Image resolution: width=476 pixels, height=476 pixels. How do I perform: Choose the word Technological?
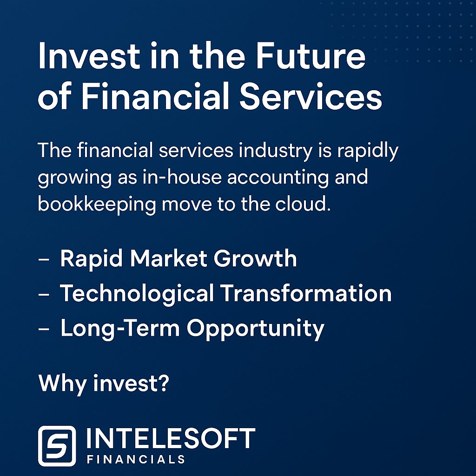[x=137, y=294]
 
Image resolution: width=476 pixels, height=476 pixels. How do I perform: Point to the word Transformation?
[x=306, y=294]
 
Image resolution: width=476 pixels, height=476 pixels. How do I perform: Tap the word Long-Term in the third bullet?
[x=120, y=329]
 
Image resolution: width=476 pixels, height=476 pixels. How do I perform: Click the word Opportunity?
[x=256, y=329]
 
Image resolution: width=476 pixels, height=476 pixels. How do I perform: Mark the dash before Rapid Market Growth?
[x=44, y=259]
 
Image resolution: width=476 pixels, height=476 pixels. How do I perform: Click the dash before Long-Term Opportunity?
[x=44, y=330]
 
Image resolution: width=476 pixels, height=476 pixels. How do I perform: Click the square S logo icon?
[x=57, y=446]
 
